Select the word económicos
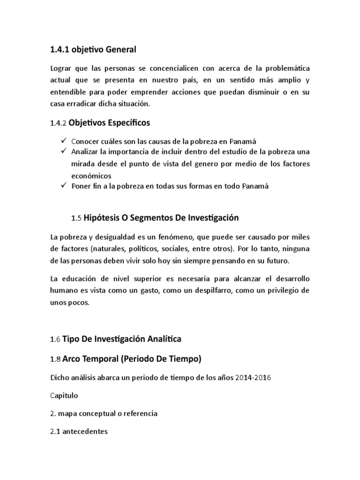(92, 175)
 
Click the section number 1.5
(76, 218)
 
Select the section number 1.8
(55, 360)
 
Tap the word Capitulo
(64, 395)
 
